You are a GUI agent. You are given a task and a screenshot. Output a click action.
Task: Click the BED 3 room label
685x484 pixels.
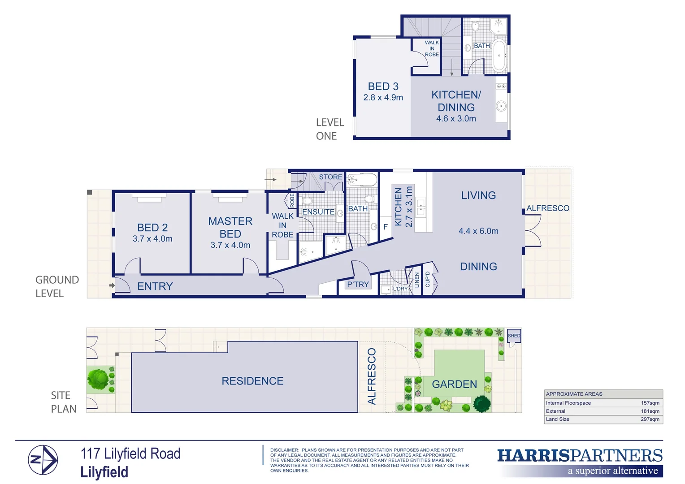click(383, 86)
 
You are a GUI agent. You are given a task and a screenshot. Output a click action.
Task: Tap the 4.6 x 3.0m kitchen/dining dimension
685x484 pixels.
click(456, 119)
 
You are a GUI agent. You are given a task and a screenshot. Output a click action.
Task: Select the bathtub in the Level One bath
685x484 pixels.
click(499, 56)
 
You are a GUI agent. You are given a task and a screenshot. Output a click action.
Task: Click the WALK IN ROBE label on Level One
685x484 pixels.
click(432, 49)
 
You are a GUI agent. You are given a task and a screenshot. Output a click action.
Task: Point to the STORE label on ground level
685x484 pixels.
click(330, 177)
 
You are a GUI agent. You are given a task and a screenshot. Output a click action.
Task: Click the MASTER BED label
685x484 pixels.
click(230, 227)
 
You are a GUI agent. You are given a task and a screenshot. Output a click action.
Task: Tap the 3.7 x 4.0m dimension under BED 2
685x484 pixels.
click(152, 239)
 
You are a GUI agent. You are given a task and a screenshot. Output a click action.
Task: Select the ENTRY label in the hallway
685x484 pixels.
click(155, 286)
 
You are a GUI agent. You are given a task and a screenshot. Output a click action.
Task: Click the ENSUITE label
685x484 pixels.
click(318, 212)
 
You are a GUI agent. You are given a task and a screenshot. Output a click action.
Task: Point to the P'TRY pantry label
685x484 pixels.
click(358, 285)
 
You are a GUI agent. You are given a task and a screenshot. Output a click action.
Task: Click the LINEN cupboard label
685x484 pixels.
click(417, 280)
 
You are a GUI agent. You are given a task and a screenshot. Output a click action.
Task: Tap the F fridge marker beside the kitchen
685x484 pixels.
click(385, 227)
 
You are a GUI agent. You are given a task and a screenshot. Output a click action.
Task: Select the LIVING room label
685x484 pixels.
click(478, 195)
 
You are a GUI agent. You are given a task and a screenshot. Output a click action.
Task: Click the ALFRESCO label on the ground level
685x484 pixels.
click(547, 208)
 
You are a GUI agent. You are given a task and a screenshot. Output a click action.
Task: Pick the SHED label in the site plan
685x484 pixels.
click(514, 336)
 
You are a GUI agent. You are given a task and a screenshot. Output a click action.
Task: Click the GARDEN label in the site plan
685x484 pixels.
click(454, 384)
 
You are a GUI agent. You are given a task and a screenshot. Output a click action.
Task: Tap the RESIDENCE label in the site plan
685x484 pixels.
click(252, 381)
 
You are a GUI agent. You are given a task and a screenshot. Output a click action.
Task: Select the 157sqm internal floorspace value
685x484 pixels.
click(650, 403)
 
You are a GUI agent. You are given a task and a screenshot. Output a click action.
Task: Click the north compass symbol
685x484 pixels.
click(43, 460)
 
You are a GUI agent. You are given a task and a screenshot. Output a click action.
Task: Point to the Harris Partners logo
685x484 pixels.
click(580, 462)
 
